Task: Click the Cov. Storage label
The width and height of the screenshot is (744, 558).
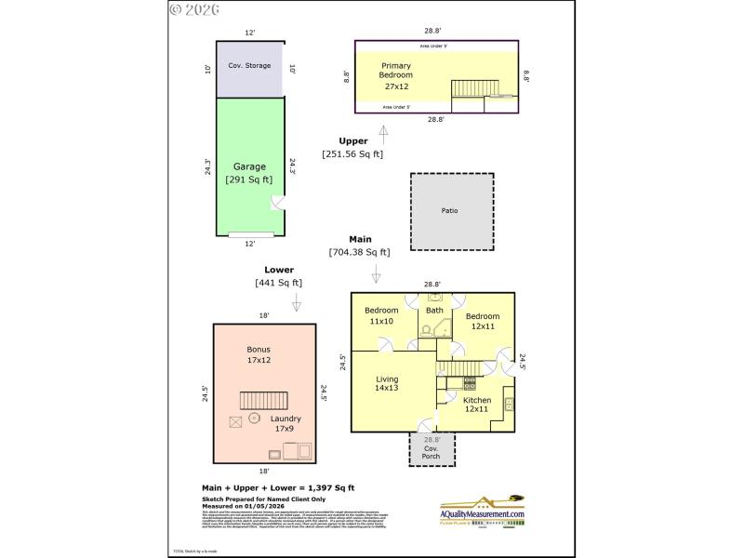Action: (x=249, y=67)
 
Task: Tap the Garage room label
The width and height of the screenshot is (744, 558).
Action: (x=249, y=173)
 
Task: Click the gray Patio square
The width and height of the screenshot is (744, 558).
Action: (x=451, y=211)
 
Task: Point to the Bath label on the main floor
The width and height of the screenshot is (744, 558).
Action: (x=434, y=311)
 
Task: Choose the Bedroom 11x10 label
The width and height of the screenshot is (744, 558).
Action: (x=380, y=315)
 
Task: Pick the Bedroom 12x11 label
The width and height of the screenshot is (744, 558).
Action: (x=482, y=322)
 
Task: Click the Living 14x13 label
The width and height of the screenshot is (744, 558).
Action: (x=387, y=384)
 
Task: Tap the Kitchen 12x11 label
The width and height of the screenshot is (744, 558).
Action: (x=477, y=405)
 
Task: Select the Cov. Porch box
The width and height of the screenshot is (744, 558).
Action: (x=432, y=448)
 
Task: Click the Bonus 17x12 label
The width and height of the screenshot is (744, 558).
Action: (x=259, y=354)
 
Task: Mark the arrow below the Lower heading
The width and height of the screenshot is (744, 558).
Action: (x=297, y=303)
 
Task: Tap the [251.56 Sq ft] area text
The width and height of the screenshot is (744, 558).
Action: (x=352, y=154)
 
